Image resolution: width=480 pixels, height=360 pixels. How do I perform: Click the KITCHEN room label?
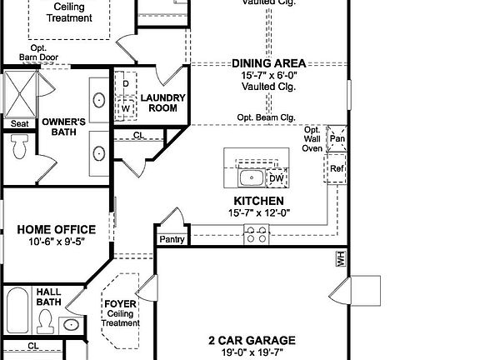click(259, 201)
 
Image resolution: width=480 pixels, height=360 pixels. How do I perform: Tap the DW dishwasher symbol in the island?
click(277, 177)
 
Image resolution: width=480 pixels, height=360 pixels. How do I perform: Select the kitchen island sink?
click(249, 177)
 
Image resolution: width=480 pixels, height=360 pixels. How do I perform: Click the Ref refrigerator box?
click(337, 167)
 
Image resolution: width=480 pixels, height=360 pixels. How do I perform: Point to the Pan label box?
click(337, 139)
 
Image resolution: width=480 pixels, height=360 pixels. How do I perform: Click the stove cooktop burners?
click(255, 236)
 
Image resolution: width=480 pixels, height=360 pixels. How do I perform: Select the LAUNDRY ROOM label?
click(162, 103)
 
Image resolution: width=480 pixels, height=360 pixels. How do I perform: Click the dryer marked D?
click(126, 84)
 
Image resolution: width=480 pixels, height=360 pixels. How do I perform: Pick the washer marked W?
click(126, 107)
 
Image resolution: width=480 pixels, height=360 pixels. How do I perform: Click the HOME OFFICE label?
click(57, 229)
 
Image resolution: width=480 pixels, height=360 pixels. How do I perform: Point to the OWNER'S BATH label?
click(64, 126)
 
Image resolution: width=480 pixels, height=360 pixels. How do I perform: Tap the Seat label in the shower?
click(19, 124)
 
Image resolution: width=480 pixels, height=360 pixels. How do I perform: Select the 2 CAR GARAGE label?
click(252, 340)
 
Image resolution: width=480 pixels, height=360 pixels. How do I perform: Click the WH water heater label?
click(340, 260)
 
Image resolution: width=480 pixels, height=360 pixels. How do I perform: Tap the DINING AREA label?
click(268, 62)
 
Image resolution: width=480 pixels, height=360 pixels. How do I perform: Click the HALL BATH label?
click(47, 297)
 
